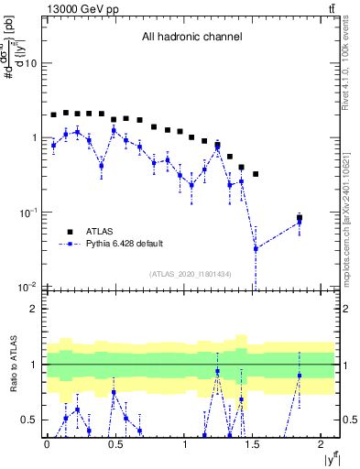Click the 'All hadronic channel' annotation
tap(191, 38)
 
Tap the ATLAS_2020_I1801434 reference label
tap(191, 274)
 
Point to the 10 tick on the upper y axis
tap(30, 63)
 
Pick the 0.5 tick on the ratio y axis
tap(31, 420)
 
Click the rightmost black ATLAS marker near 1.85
tap(300, 218)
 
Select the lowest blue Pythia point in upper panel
tap(256, 248)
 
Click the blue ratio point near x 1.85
tap(300, 376)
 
